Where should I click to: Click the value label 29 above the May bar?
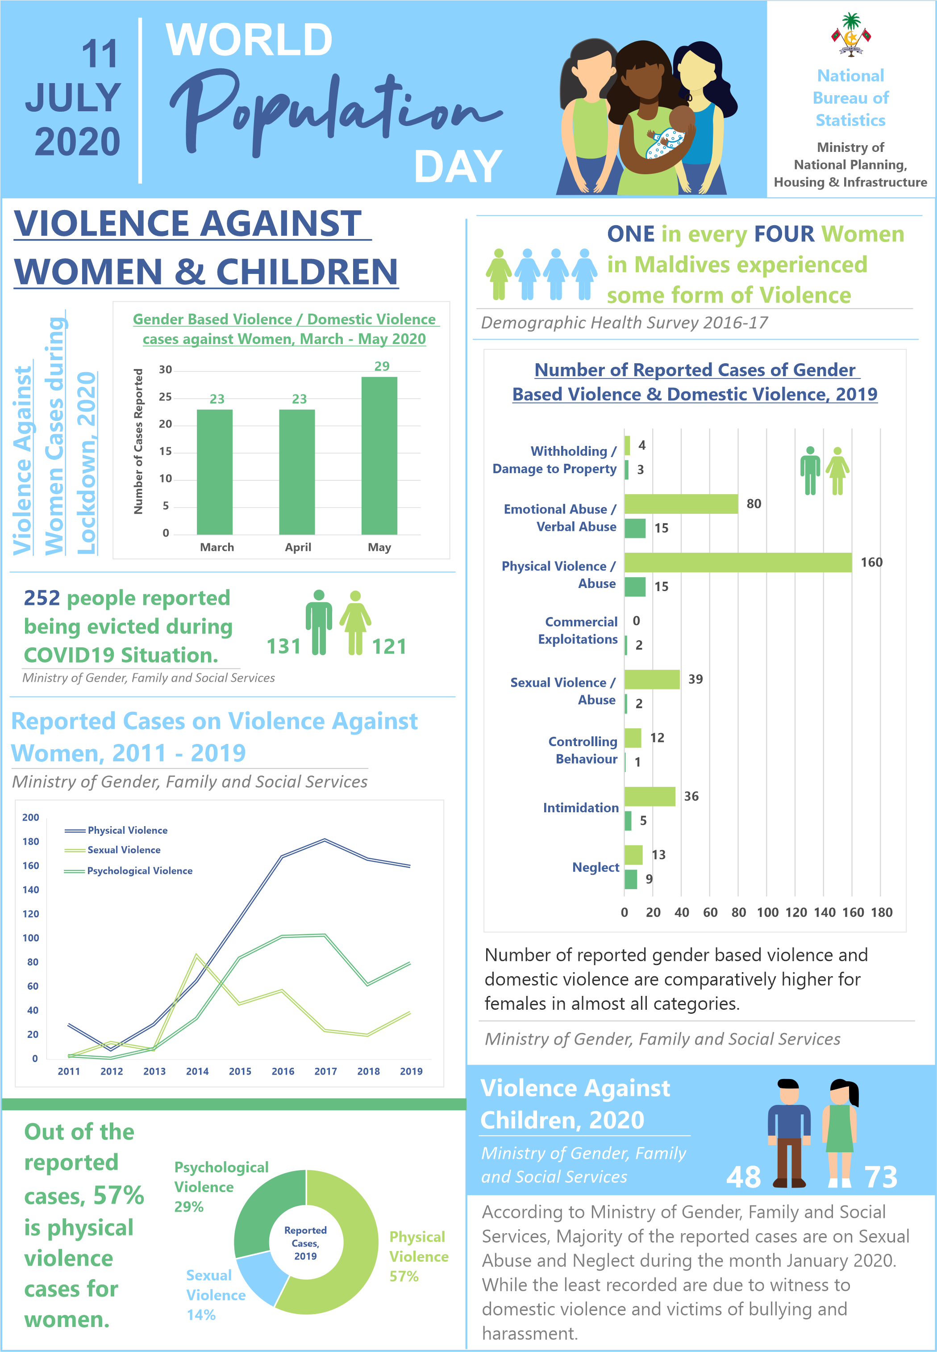click(382, 366)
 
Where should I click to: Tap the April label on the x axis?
click(298, 547)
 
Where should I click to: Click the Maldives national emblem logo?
click(851, 35)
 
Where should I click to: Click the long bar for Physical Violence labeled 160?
click(738, 563)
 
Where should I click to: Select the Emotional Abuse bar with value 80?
click(681, 504)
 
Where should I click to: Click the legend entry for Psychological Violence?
click(128, 871)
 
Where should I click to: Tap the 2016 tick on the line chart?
click(283, 1071)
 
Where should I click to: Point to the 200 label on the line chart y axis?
click(30, 817)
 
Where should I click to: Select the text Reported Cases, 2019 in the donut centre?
click(305, 1243)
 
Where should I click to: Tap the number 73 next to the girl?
click(881, 1177)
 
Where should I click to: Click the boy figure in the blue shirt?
click(788, 1133)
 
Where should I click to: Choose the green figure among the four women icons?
click(499, 274)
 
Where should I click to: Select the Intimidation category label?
click(581, 808)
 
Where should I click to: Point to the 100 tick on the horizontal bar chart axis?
click(767, 912)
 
